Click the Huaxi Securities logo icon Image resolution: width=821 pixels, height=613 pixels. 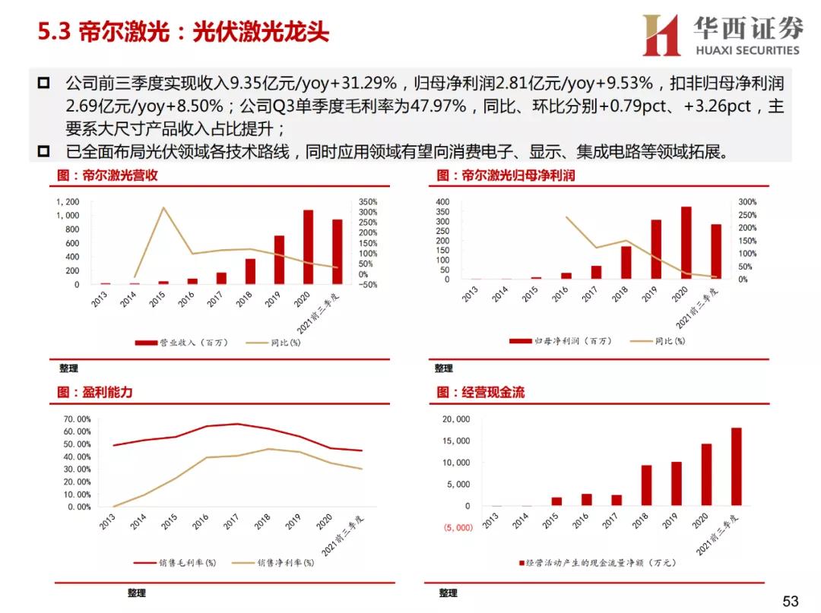tap(661, 35)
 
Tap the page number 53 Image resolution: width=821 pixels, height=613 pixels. tap(791, 602)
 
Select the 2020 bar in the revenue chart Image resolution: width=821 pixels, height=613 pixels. tap(308, 247)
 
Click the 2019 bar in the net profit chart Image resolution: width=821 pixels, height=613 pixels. tap(655, 249)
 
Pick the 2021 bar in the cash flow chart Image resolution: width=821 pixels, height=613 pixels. tap(736, 466)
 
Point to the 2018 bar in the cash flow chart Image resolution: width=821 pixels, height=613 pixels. tap(646, 485)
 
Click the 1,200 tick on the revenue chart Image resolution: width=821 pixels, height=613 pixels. tap(68, 202)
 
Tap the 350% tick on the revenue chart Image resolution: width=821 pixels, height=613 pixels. tap(368, 202)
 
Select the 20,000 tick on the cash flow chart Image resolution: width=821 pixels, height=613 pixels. tap(456, 419)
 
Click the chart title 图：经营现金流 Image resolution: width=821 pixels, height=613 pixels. tap(480, 393)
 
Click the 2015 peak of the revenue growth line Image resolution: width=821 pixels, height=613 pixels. tap(163, 207)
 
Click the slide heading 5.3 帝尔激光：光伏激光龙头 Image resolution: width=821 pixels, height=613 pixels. tap(183, 33)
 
